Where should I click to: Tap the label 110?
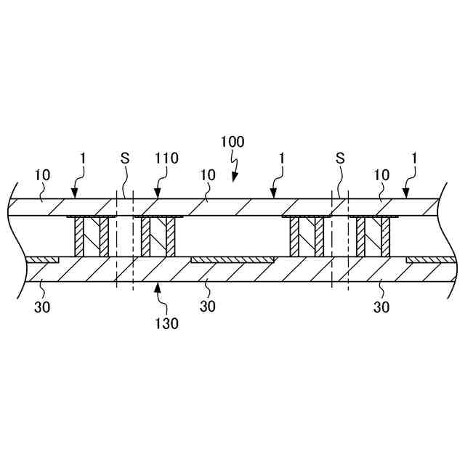pos(166,158)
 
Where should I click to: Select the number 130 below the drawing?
pos(166,324)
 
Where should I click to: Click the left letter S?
pos(124,158)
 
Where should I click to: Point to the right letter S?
pos(339,158)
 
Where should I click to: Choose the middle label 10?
pos(208,175)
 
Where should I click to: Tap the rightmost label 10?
pos(381,175)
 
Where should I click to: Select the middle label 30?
pos(208,307)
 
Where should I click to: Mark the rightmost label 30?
pos(381,307)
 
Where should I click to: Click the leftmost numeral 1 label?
pos(82,158)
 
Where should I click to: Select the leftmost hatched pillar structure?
pos(91,236)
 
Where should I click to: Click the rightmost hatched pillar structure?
pos(373,236)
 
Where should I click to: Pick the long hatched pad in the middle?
pos(232,259)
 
